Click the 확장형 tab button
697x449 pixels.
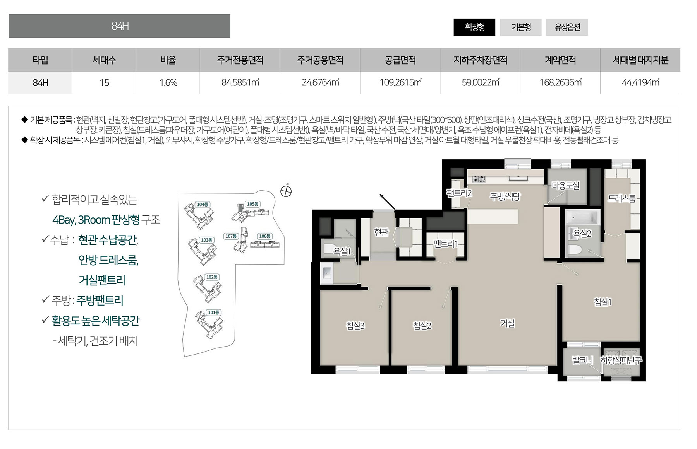[474, 27]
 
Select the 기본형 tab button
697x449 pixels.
[521, 27]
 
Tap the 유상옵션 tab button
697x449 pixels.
[567, 27]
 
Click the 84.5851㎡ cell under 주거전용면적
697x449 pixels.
[240, 82]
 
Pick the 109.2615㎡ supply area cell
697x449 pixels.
[400, 82]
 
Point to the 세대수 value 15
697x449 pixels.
[104, 83]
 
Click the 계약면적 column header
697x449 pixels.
[560, 60]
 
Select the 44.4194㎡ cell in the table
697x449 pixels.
[640, 82]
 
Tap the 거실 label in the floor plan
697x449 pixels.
[507, 323]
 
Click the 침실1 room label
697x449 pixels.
[603, 302]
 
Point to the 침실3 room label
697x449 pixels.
[355, 326]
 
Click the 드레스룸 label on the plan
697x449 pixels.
[621, 199]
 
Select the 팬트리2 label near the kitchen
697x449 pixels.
[459, 193]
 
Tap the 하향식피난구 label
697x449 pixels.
[621, 360]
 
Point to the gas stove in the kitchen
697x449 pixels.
[479, 179]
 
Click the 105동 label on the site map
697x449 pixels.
[252, 204]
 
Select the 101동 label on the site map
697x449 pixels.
[213, 312]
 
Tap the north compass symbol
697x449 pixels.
[286, 191]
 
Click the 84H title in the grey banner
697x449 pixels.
[120, 26]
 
